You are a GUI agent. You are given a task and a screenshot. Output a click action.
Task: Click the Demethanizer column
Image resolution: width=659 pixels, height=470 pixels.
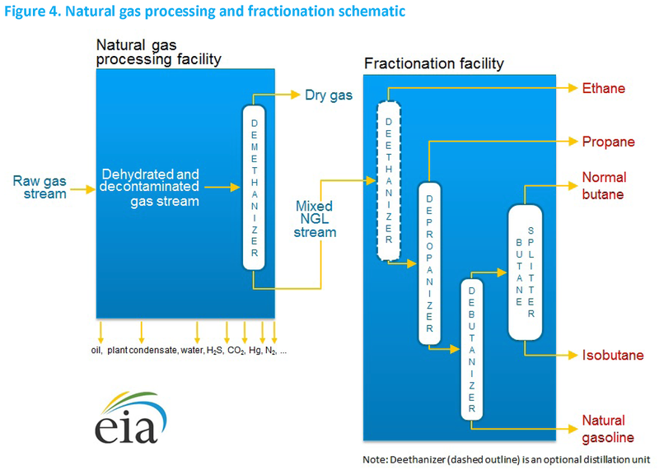coord(254,188)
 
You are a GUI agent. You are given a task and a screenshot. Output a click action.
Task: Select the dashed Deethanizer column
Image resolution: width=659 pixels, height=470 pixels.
coord(389,181)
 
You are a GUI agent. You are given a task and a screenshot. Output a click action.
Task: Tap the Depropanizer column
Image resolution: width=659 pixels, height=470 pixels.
coord(429,263)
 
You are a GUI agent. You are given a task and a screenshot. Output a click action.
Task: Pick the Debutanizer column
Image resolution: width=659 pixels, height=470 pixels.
coord(471,350)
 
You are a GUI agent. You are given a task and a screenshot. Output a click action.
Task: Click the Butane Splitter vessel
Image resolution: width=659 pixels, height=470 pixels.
coord(525,272)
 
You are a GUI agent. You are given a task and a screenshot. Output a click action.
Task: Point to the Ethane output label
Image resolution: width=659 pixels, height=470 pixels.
coord(604,88)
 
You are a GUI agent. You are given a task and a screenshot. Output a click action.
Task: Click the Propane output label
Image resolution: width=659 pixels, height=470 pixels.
coord(608,142)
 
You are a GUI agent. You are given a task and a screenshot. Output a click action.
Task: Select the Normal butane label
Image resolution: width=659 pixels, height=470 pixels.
coord(604,186)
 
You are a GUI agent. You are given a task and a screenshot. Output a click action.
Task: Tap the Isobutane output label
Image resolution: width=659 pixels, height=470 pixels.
coord(613,356)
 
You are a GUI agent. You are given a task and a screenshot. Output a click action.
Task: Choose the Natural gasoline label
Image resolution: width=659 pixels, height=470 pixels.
coord(608,429)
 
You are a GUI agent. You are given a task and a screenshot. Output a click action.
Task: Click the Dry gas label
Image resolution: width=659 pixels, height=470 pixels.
coord(329,95)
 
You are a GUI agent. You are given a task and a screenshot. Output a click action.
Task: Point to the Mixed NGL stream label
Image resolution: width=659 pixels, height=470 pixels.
coord(315,219)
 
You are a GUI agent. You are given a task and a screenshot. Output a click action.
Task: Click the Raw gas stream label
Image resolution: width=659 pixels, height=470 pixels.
coord(40,188)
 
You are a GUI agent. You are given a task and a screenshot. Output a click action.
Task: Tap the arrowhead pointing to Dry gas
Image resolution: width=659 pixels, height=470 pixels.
coord(296,95)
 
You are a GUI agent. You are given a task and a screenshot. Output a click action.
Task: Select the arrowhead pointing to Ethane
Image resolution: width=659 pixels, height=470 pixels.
coord(573,88)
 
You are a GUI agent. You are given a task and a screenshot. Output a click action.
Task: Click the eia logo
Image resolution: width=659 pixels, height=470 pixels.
coord(131,417)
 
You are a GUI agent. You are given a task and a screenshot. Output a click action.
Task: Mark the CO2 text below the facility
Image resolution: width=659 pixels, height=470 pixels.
coord(236,351)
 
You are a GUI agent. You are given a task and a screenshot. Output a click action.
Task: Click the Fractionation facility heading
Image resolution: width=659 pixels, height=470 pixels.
coord(434,63)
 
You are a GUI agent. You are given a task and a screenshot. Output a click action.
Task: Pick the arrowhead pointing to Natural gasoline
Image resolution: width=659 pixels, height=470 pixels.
coord(573,429)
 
